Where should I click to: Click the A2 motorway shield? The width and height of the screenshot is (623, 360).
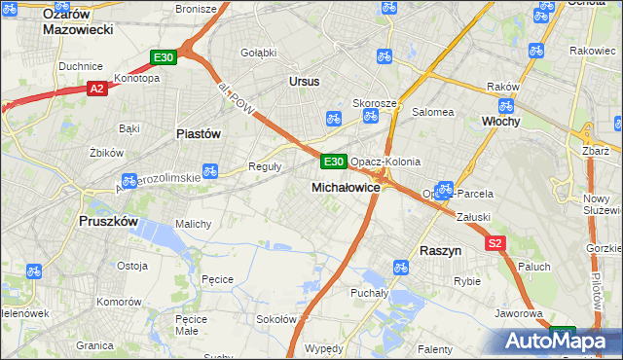point(95,89)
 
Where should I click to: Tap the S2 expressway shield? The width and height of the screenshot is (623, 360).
point(495,244)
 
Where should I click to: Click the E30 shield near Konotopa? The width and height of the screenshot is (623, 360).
point(163,57)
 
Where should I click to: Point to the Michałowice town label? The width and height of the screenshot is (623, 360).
point(345,186)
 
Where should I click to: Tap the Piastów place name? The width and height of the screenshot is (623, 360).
point(198,133)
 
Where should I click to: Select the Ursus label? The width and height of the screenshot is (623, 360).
point(304,82)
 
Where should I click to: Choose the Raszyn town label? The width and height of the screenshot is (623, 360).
point(440,250)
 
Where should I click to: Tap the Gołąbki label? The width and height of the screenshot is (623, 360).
point(258,53)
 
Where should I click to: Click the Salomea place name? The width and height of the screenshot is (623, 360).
point(433,112)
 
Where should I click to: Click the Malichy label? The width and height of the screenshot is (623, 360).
point(193,224)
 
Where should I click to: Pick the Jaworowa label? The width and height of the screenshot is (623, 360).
point(517,313)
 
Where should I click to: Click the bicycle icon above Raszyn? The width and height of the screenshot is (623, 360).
point(399,267)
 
